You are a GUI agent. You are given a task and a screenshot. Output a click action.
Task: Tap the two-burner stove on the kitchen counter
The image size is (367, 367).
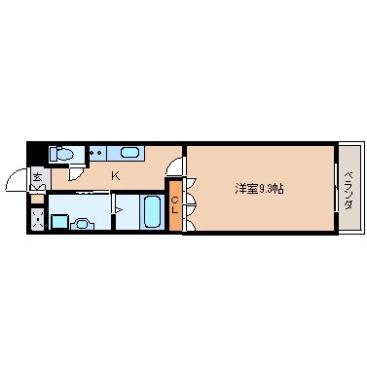[97, 153]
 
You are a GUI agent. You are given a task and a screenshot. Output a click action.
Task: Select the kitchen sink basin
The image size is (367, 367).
[129, 153]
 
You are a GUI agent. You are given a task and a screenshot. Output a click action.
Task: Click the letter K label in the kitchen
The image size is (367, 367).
[115, 175]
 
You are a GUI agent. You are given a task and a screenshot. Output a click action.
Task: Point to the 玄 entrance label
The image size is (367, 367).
[37, 176]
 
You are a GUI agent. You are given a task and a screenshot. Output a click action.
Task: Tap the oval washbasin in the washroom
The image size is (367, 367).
[83, 223]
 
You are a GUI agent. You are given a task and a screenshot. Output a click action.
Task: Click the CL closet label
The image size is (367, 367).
[174, 204]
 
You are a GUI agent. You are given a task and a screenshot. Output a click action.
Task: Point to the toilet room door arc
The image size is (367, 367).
[75, 175]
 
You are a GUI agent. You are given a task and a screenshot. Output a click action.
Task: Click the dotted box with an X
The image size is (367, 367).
[38, 221]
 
